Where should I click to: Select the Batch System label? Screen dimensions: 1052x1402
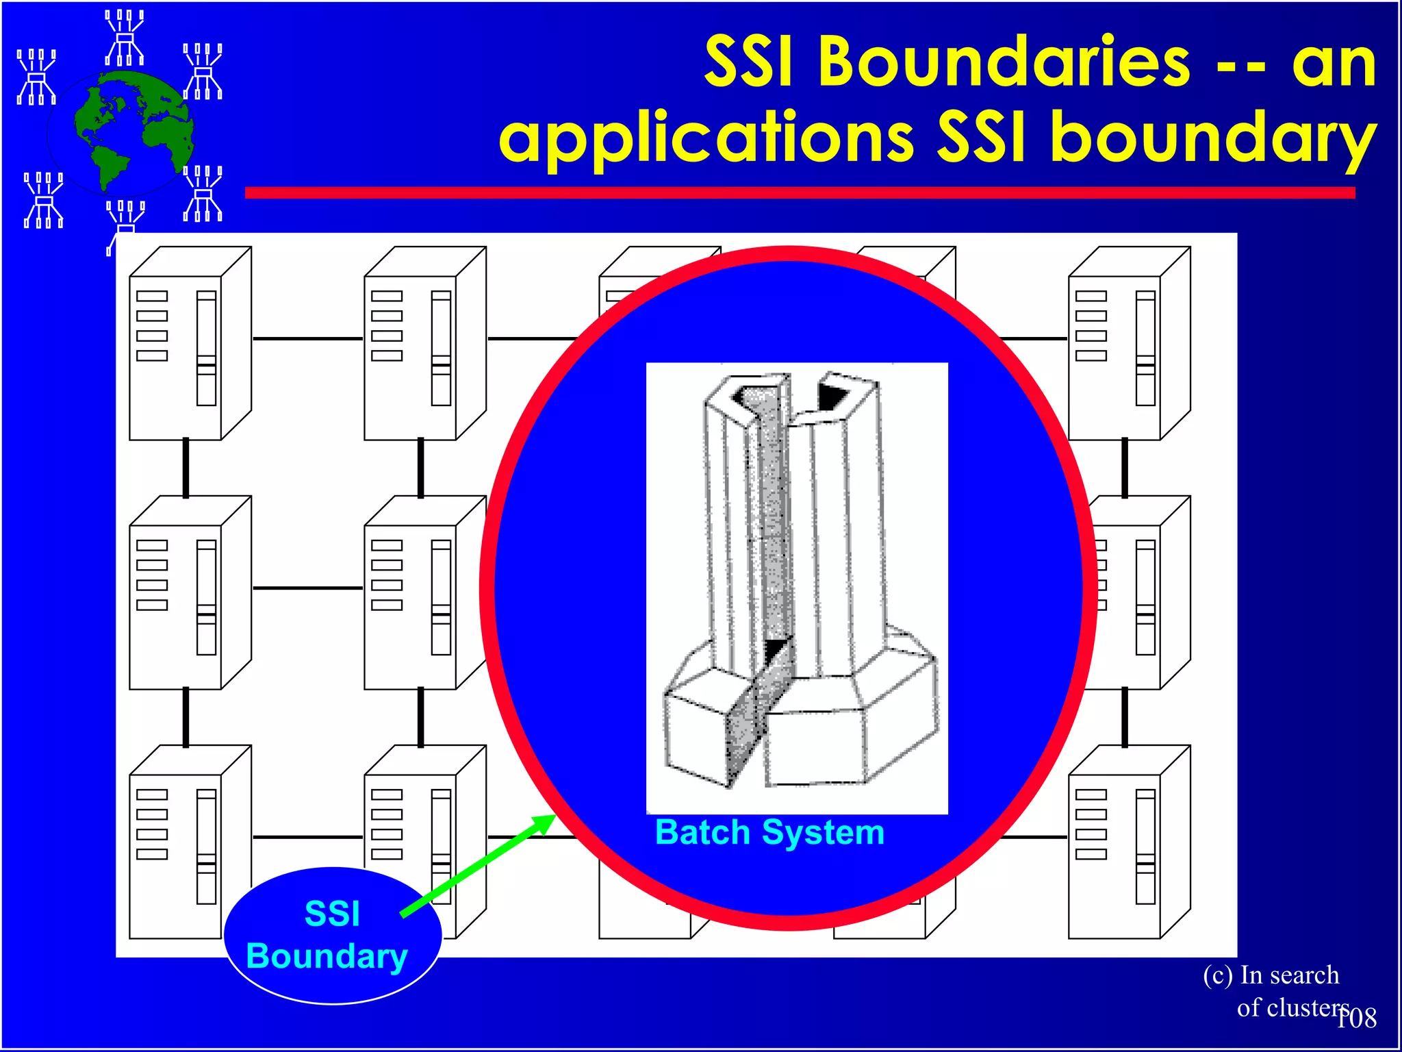(769, 833)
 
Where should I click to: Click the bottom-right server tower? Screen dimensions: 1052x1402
(1129, 842)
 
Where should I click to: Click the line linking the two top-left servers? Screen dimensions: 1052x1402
(307, 338)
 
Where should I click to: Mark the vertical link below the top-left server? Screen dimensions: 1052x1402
(186, 468)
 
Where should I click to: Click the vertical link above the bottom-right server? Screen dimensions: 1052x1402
(1124, 717)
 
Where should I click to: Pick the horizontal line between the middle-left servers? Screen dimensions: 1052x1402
(307, 588)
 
